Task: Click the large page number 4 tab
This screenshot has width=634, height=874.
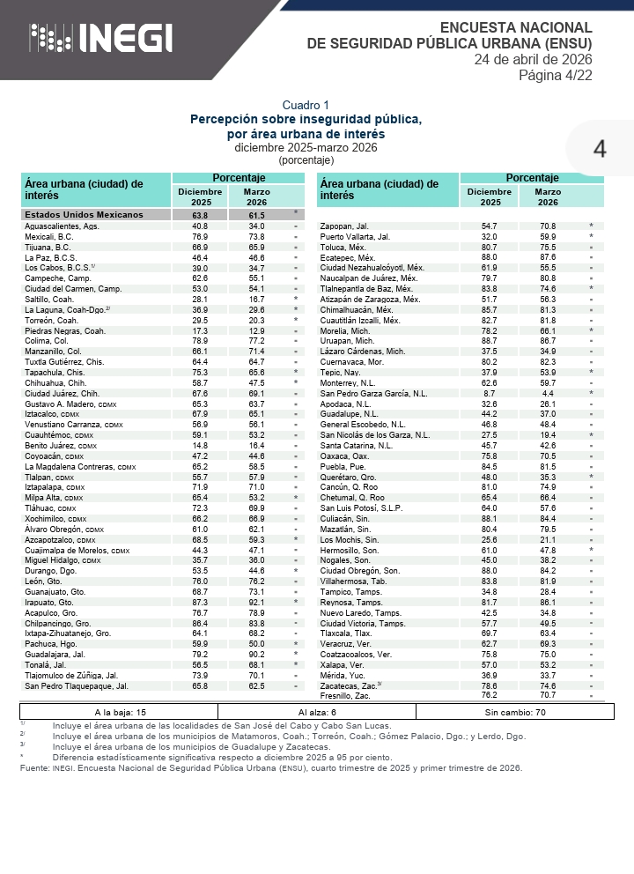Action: coord(600,149)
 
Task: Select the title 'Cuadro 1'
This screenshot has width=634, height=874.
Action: coord(306,105)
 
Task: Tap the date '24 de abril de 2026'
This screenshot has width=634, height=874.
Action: coord(533,59)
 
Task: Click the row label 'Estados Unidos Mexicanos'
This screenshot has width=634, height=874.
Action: coord(84,215)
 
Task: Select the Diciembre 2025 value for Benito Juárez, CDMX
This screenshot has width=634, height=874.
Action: coord(200,446)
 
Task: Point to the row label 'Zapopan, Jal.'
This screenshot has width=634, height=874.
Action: coord(344,226)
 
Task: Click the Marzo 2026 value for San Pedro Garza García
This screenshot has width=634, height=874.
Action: coord(548,394)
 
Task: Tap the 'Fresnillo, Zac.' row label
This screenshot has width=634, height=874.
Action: coord(345,696)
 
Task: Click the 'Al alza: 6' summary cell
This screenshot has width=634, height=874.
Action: coord(317,712)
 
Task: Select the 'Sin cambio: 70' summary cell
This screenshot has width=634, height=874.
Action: coord(516,712)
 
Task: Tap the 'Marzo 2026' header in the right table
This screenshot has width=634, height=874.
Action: coord(548,196)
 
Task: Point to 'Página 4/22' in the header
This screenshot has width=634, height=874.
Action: coord(555,76)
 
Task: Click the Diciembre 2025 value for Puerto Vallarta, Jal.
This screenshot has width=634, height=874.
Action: coord(490,237)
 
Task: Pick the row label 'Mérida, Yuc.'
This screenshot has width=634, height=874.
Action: coord(342,676)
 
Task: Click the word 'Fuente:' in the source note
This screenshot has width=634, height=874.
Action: coord(33,768)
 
